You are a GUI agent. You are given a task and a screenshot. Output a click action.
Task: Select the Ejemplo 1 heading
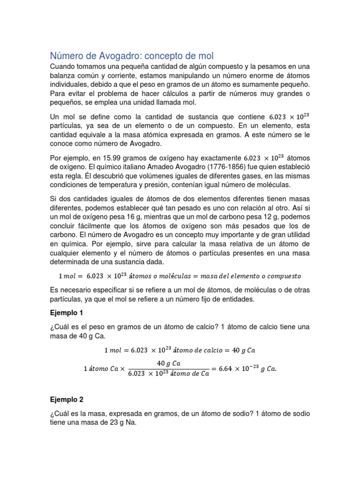(67, 312)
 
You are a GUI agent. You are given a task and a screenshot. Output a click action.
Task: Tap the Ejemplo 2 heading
(67, 400)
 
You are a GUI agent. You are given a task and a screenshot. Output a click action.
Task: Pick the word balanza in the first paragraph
(64, 75)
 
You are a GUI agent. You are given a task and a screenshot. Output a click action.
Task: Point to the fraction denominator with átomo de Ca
(169, 374)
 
